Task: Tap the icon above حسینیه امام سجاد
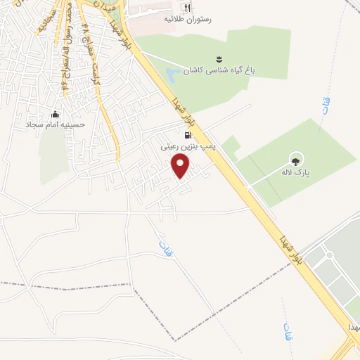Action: pos(56,115)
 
